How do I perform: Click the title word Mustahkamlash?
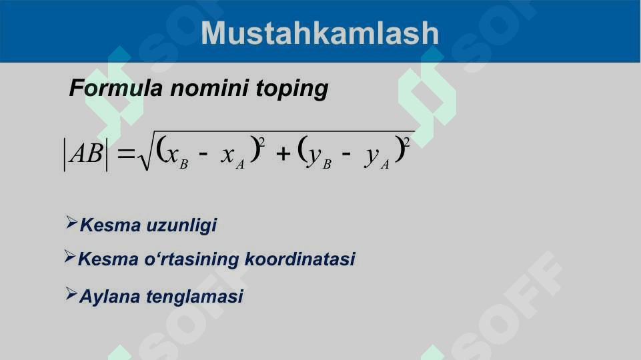tap(319, 33)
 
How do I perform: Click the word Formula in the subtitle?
tap(116, 88)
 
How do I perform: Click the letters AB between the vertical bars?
tap(86, 154)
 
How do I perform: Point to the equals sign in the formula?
tap(125, 153)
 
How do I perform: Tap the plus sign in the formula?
tap(283, 153)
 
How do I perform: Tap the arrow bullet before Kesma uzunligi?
tap(71, 222)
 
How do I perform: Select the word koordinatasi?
tap(299, 259)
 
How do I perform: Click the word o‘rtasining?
tap(191, 260)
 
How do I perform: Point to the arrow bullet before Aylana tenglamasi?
tap(71, 294)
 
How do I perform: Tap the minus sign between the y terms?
tap(346, 155)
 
